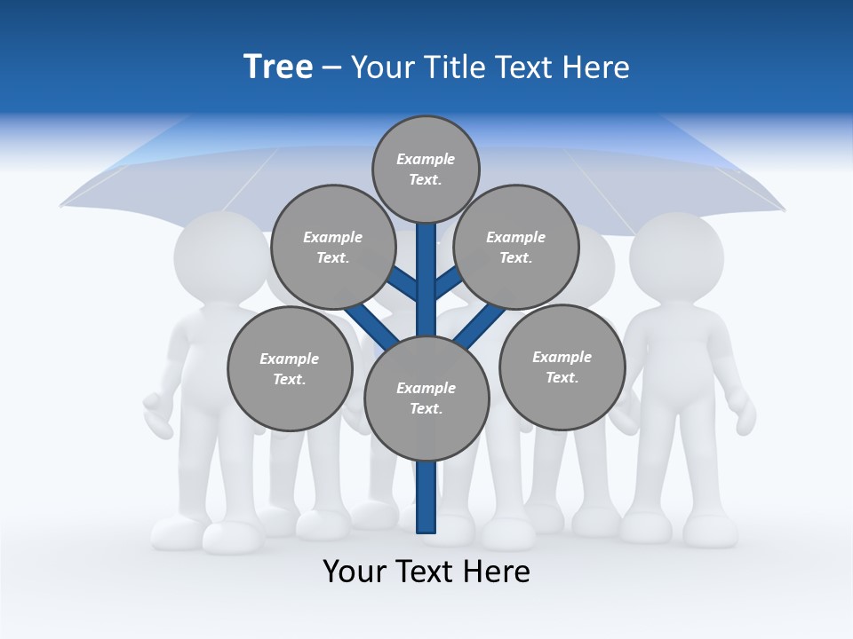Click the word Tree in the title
[278, 67]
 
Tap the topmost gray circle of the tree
[426, 169]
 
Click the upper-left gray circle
[333, 248]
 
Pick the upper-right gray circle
[516, 248]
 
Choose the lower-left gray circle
[290, 369]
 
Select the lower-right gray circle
[562, 367]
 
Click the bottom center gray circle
[426, 398]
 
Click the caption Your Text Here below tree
[426, 572]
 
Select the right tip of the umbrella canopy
[781, 209]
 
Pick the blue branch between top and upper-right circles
[448, 282]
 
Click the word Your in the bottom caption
[354, 572]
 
